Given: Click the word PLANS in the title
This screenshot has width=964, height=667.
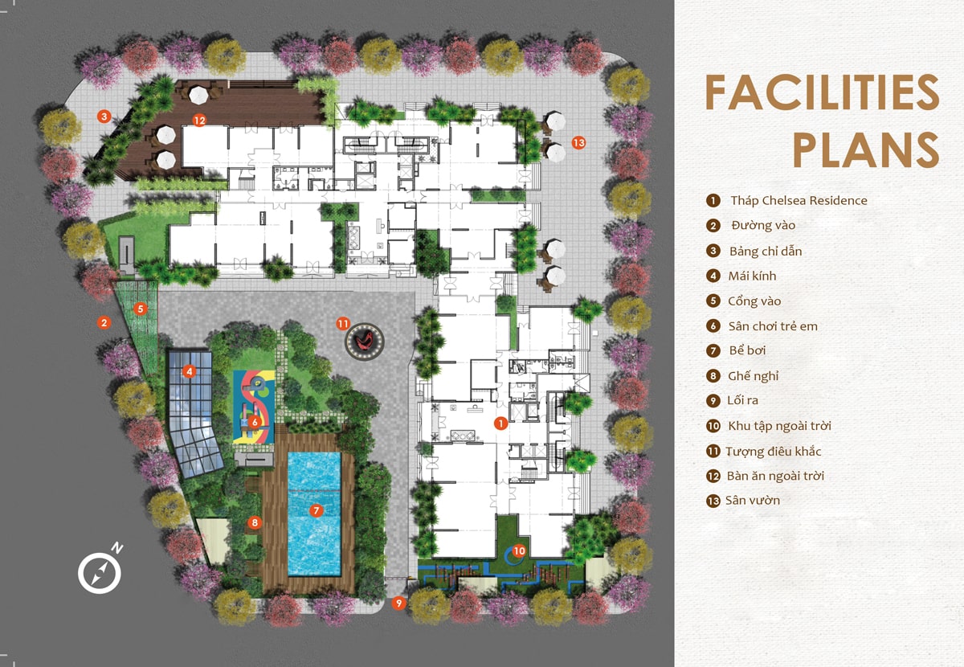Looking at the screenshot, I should point(865,149).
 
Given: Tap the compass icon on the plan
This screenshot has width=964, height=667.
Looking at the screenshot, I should point(100,573).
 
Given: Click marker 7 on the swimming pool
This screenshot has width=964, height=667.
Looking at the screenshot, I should point(316,510).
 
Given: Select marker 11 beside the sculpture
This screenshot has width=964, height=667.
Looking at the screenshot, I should point(343,324).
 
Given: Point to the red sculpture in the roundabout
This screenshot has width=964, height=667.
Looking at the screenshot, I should point(366,340).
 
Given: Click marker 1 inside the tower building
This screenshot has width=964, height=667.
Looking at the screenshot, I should point(500,423).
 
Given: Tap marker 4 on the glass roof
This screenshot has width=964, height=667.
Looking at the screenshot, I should point(189,371).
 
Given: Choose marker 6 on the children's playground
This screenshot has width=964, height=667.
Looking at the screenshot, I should point(254,421).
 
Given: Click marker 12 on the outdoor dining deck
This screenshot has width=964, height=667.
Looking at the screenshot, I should point(199,121).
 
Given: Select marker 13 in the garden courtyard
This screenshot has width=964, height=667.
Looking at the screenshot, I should point(578,142).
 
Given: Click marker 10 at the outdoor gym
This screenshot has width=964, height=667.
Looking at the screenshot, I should point(519,550).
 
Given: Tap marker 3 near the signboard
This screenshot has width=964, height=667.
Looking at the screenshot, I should point(104,116).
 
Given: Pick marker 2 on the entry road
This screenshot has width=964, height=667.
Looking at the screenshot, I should point(104,322).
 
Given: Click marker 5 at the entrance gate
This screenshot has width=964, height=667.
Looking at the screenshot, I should point(140,307).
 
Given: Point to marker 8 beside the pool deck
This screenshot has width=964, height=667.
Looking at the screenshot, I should point(255,522).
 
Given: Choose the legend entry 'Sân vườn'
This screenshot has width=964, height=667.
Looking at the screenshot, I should point(753,501).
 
